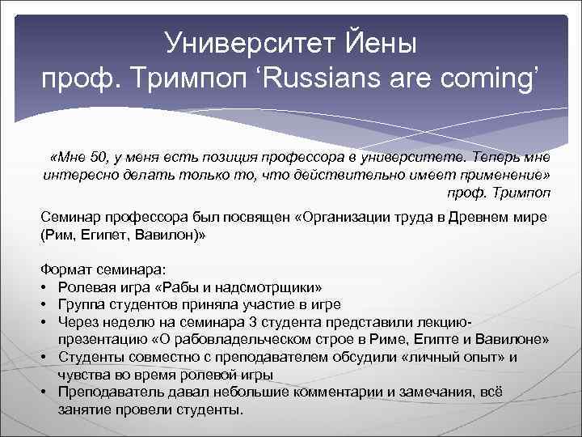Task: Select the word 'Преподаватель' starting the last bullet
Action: tap(106, 392)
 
